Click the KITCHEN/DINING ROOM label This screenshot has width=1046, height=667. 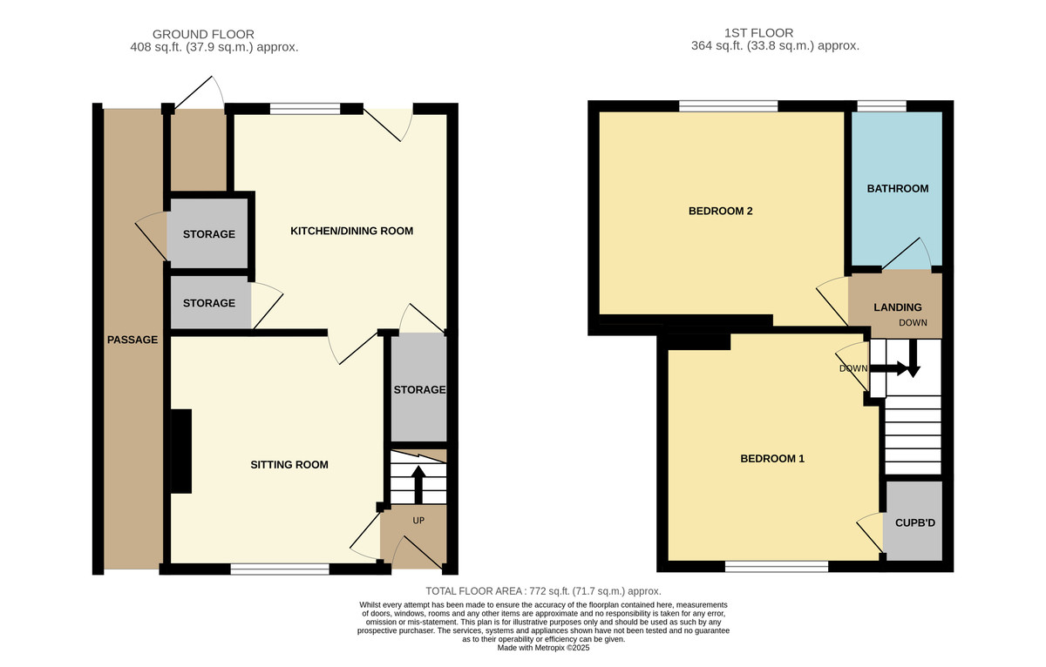(x=351, y=231)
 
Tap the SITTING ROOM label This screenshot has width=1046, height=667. (x=289, y=464)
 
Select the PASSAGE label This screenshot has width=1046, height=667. (x=132, y=340)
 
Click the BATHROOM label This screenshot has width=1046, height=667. (x=897, y=188)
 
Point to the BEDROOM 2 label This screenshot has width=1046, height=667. (x=720, y=211)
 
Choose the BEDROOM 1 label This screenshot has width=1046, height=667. (x=771, y=459)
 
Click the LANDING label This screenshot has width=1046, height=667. (x=898, y=307)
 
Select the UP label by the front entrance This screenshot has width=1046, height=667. (x=418, y=520)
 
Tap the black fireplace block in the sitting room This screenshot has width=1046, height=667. (x=181, y=451)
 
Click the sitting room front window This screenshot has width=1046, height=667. (x=280, y=569)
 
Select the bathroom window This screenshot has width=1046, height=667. (x=881, y=106)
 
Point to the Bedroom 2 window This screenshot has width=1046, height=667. (x=728, y=106)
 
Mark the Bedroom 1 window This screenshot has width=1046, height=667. (x=776, y=567)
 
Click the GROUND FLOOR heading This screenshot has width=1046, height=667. (x=203, y=34)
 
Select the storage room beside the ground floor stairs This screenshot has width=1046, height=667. (x=418, y=389)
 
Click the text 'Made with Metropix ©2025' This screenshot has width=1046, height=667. (x=543, y=648)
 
